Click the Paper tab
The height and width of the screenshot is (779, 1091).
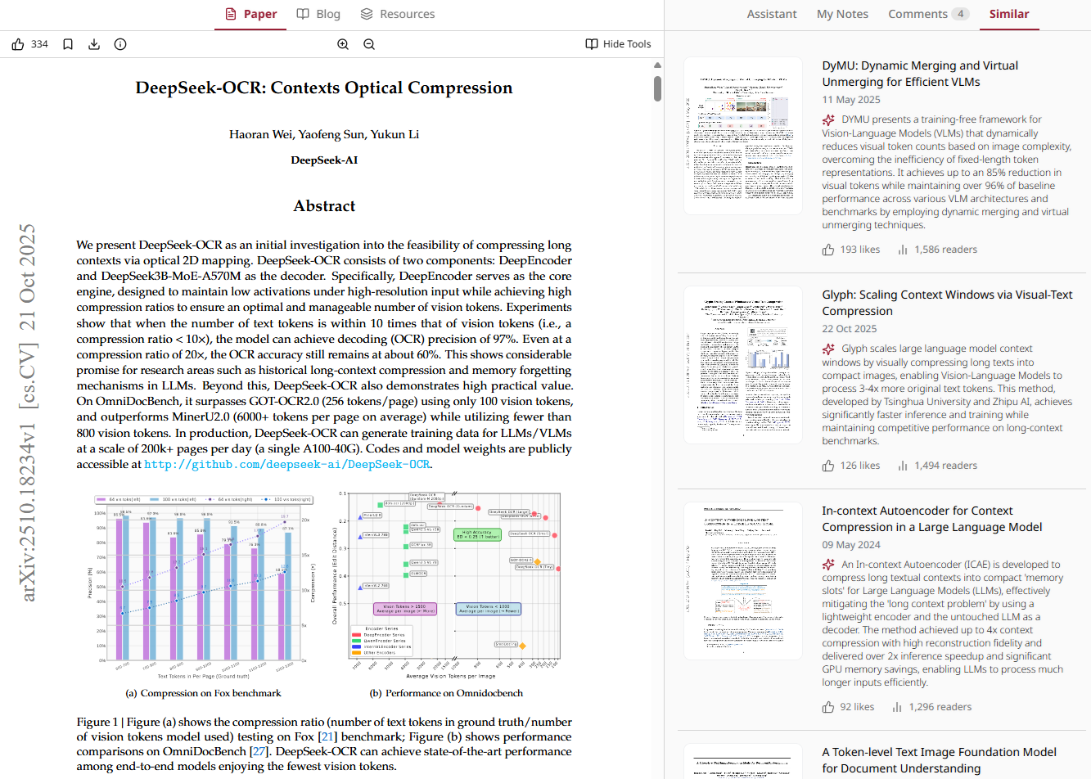[250, 14]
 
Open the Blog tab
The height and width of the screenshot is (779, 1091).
[318, 14]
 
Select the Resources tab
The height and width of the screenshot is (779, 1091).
[398, 14]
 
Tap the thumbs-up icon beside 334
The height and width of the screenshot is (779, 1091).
[18, 44]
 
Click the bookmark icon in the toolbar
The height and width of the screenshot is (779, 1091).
[68, 44]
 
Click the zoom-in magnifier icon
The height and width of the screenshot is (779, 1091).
[343, 44]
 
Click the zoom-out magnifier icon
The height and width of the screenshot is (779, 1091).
[369, 44]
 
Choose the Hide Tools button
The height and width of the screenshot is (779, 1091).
[619, 44]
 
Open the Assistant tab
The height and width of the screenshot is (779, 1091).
[771, 14]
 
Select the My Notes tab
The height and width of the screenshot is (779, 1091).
[842, 14]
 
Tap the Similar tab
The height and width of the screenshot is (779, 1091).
[1009, 14]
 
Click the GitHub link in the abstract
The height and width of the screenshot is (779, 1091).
[286, 465]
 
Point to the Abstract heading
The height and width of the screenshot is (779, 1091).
[324, 206]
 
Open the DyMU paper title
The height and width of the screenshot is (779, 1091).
[920, 74]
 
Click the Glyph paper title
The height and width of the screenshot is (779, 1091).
[947, 303]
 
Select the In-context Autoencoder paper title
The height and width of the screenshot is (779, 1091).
[931, 519]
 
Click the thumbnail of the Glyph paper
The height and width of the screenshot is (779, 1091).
[743, 364]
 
